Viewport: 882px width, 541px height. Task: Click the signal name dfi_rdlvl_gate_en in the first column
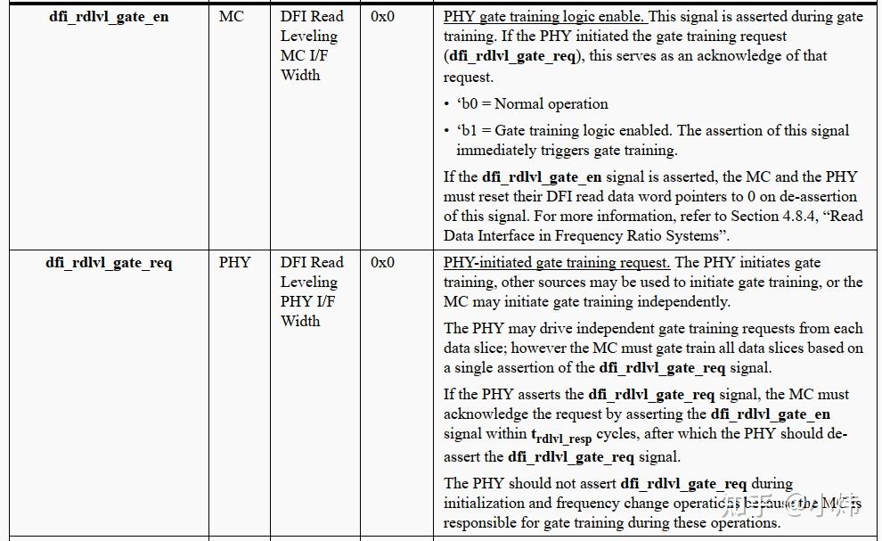(x=109, y=17)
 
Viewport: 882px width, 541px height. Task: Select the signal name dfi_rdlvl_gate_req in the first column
(x=109, y=263)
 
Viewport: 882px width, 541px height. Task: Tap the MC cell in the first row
(x=231, y=17)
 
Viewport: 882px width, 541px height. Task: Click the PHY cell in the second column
(x=235, y=263)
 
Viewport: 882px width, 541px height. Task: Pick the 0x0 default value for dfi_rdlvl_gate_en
(x=382, y=17)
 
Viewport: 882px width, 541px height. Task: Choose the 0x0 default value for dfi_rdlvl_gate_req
(x=382, y=263)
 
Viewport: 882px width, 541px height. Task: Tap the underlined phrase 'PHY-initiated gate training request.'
(x=557, y=263)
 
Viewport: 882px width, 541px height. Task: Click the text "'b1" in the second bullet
(x=468, y=130)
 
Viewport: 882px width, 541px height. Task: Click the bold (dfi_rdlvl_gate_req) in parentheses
(x=512, y=56)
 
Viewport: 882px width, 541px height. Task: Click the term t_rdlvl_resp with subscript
(x=561, y=436)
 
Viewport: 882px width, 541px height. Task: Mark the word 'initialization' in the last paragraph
(x=486, y=504)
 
